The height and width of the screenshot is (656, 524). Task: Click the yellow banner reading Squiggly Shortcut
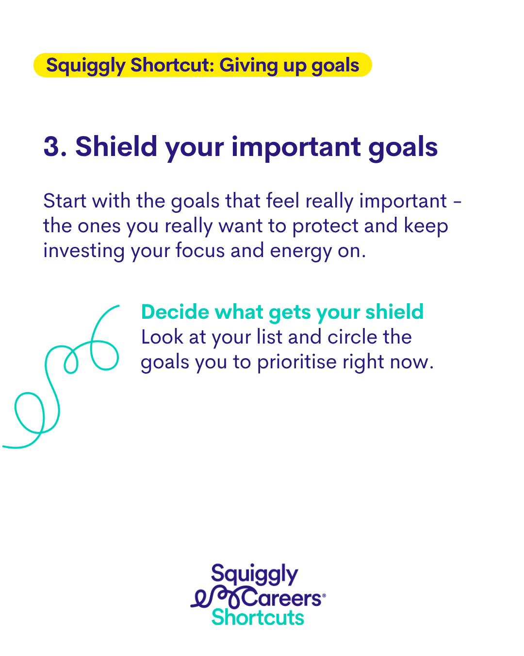coord(202,65)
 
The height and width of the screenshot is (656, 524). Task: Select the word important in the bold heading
coord(296,147)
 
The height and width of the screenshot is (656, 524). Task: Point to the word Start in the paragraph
coord(65,201)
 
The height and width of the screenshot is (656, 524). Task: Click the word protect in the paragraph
coord(325,226)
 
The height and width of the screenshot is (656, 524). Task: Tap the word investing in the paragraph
coord(84,251)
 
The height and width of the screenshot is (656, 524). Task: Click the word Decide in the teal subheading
coord(175,312)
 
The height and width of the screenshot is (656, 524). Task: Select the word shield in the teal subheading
coord(394,311)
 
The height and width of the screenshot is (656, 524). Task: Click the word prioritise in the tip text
coord(297,363)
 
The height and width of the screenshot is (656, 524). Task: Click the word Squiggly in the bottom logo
coord(255,574)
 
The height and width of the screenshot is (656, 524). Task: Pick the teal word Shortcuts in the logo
coord(258,617)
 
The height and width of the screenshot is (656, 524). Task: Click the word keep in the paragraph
coord(426,226)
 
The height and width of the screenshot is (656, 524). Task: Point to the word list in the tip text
coord(270,337)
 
